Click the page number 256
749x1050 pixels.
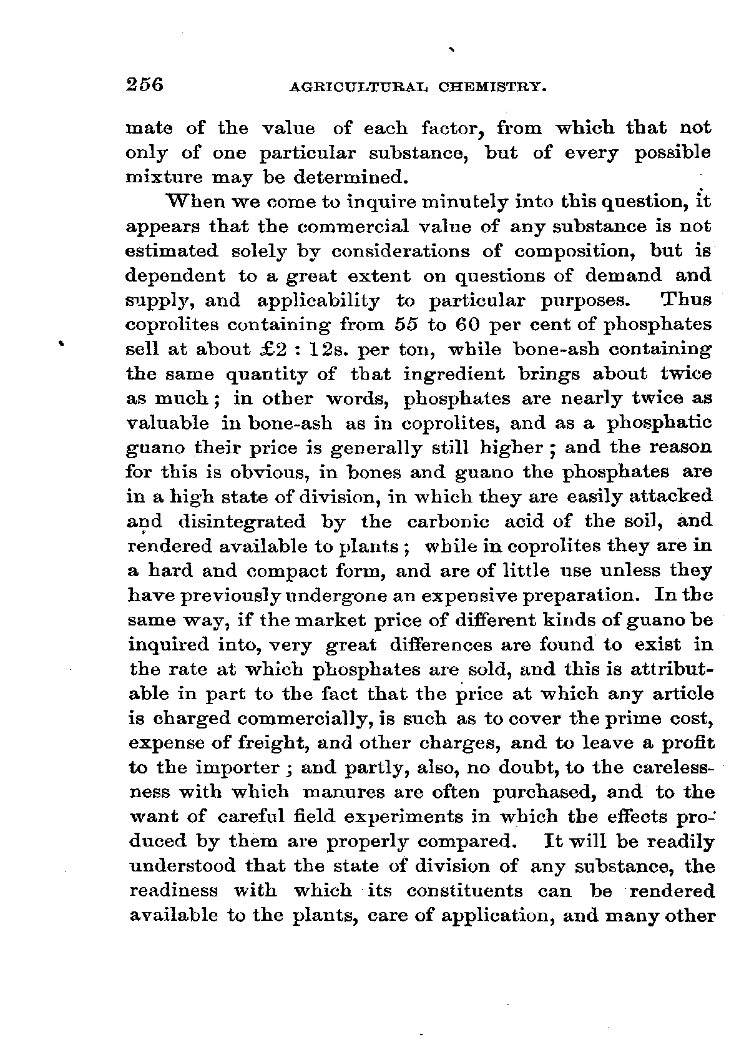pyautogui.click(x=144, y=84)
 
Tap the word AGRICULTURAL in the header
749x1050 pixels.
pyautogui.click(x=358, y=86)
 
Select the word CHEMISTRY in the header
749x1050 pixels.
pyautogui.click(x=490, y=86)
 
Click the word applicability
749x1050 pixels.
pyautogui.click(x=318, y=300)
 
